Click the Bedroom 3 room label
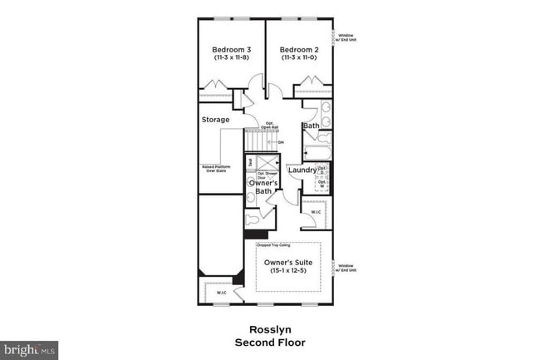(x=230, y=49)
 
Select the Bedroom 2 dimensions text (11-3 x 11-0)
(x=298, y=58)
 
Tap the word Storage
(x=216, y=120)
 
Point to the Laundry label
(x=302, y=170)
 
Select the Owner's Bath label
(x=263, y=187)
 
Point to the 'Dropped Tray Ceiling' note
(x=275, y=245)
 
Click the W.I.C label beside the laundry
(x=316, y=211)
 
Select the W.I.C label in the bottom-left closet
(x=221, y=293)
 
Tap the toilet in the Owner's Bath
(x=252, y=221)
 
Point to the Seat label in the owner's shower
(x=250, y=161)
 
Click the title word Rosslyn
(x=271, y=328)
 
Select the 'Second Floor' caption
(x=271, y=342)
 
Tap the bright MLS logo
(x=29, y=350)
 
